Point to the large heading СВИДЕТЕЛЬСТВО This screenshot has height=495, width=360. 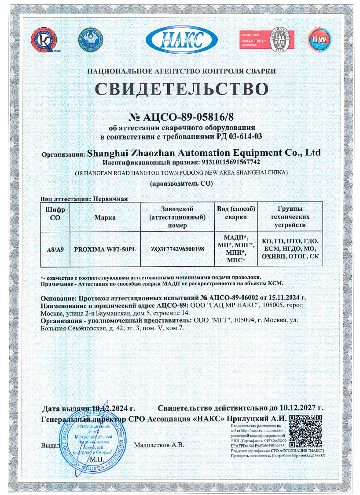tap(181, 88)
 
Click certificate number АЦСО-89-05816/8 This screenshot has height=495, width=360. tap(187, 117)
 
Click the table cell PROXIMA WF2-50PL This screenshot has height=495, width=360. tap(105, 249)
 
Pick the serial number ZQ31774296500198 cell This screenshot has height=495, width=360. tap(177, 249)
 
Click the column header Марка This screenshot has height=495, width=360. tap(105, 217)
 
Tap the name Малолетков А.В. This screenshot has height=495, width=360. tap(159, 445)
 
